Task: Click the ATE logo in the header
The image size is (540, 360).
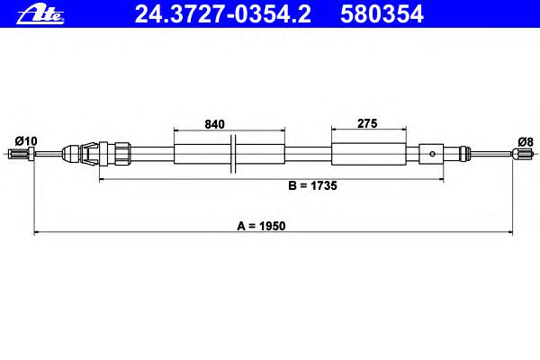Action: (40, 15)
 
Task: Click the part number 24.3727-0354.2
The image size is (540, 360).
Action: (223, 14)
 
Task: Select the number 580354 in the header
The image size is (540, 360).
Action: (382, 14)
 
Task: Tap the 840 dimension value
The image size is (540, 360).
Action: (214, 124)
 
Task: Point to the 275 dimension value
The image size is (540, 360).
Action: (367, 123)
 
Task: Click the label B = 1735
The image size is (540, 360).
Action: (312, 185)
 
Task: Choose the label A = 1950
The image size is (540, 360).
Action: (261, 226)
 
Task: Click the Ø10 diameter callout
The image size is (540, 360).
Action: (26, 141)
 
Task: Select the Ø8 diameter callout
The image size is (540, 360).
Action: (526, 141)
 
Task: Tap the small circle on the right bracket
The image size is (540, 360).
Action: (432, 154)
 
